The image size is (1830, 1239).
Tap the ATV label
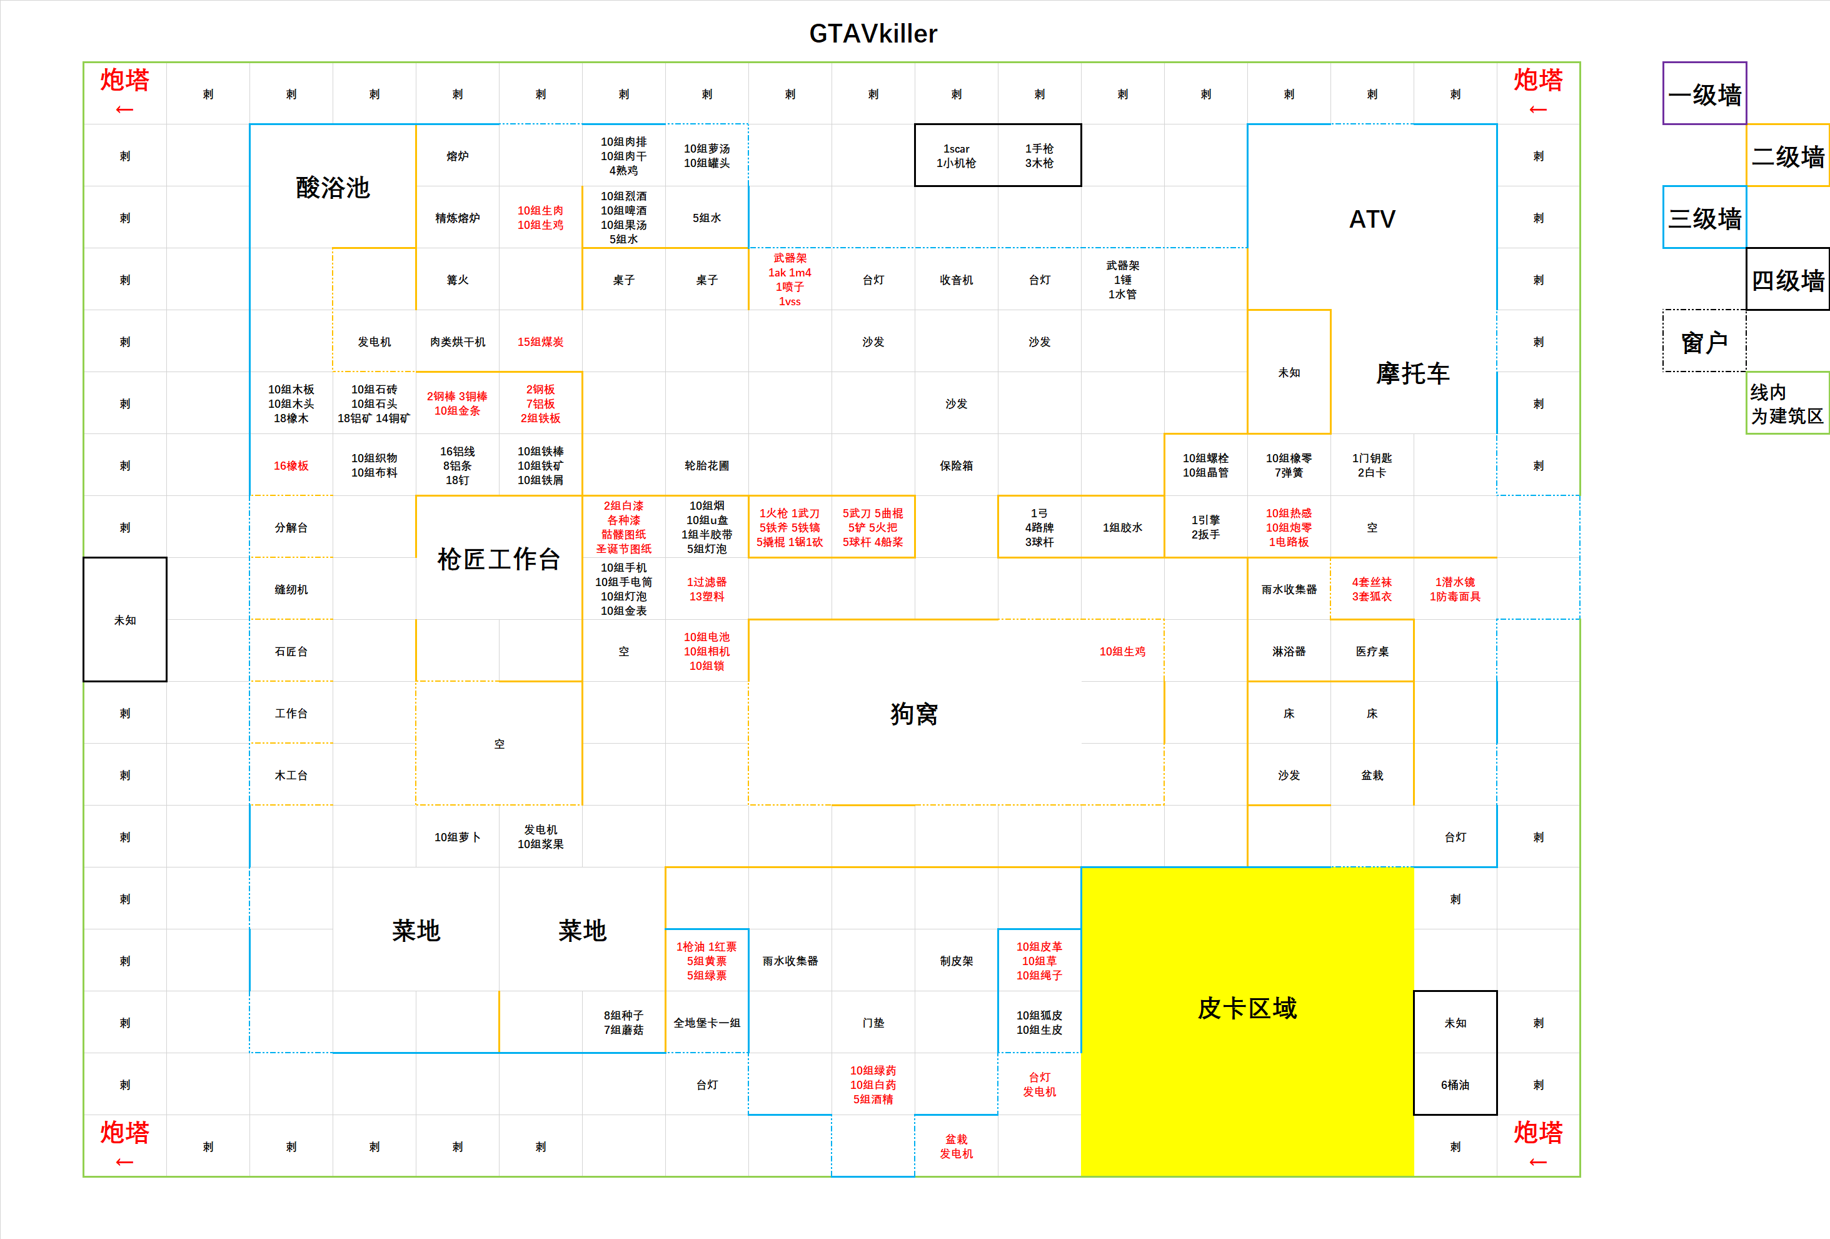(x=1372, y=219)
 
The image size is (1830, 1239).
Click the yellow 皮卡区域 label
(x=1247, y=1008)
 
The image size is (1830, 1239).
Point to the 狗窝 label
(x=914, y=714)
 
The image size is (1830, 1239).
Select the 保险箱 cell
(x=956, y=465)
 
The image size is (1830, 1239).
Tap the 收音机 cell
(x=956, y=280)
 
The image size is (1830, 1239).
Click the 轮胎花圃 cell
(x=706, y=465)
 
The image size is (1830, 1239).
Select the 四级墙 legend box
(x=1787, y=280)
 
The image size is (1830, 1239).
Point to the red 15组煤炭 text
(x=540, y=342)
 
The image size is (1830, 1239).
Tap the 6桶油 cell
(x=1454, y=1085)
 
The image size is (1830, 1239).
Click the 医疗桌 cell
(x=1372, y=652)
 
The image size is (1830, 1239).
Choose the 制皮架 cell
(x=956, y=961)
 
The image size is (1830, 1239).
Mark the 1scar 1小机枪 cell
(x=956, y=156)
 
